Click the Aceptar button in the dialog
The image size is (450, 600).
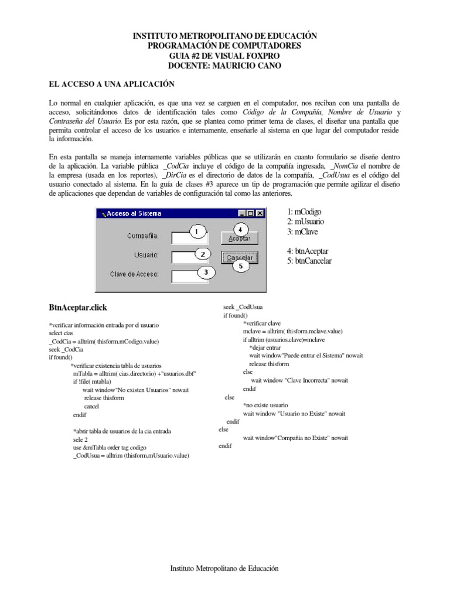tap(238, 238)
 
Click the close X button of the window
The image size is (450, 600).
tap(260, 214)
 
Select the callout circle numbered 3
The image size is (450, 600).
tap(206, 272)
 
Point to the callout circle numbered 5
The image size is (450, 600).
tap(241, 266)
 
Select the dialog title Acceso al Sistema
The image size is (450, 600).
tap(134, 214)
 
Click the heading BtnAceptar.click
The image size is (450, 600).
tap(78, 308)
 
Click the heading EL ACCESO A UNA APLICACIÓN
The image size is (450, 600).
tap(112, 84)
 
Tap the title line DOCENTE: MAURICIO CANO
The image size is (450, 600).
tap(224, 66)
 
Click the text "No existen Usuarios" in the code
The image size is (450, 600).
tap(130, 389)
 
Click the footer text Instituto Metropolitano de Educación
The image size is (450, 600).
tap(224, 568)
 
